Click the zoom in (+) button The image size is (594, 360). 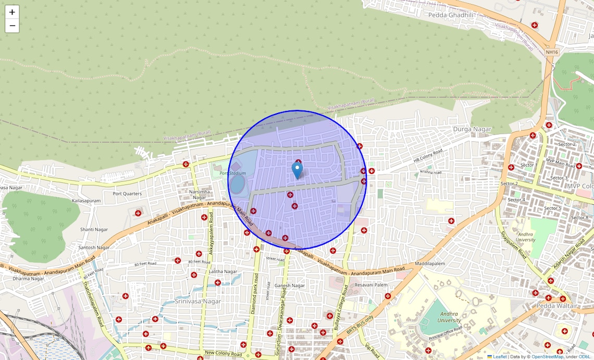(12, 12)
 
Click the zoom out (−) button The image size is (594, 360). (12, 26)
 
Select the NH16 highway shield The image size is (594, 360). (552, 52)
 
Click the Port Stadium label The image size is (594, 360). (232, 173)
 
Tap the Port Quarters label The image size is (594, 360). (127, 194)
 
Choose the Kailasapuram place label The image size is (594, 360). (86, 201)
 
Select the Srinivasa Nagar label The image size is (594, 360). (198, 301)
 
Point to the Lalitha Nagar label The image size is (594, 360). (222, 271)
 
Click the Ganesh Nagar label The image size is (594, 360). (290, 285)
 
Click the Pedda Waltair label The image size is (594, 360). (557, 306)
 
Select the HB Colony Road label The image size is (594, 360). (428, 155)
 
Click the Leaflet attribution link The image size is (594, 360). (499, 357)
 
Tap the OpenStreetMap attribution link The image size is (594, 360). (547, 357)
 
